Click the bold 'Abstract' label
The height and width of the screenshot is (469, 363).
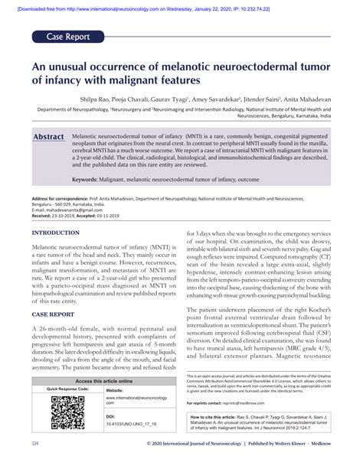(x=48, y=136)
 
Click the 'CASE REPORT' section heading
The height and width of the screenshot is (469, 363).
(x=53, y=314)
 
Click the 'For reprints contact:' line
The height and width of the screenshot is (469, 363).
(x=214, y=402)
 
